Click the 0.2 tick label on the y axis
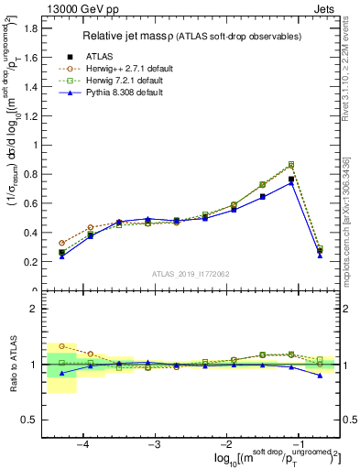tap(30, 262)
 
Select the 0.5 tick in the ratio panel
tap(30, 420)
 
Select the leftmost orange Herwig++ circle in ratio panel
tap(62, 346)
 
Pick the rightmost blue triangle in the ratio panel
tap(320, 376)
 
